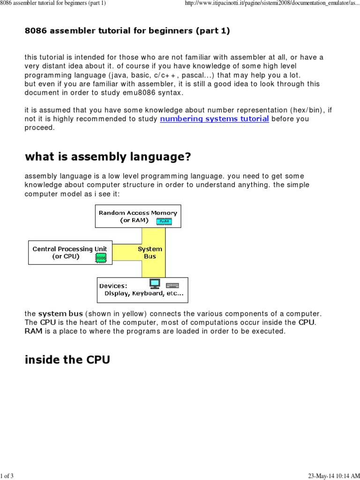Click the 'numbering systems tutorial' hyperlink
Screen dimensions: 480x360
(214, 119)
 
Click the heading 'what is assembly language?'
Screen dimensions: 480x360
(108, 157)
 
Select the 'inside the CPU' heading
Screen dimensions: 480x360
(67, 360)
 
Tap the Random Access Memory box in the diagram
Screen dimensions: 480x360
(138, 216)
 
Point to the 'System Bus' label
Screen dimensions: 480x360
(150, 253)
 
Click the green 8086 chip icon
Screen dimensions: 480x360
(100, 257)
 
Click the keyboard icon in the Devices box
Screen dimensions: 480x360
(172, 285)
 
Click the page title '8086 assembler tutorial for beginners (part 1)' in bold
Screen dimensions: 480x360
(127, 31)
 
